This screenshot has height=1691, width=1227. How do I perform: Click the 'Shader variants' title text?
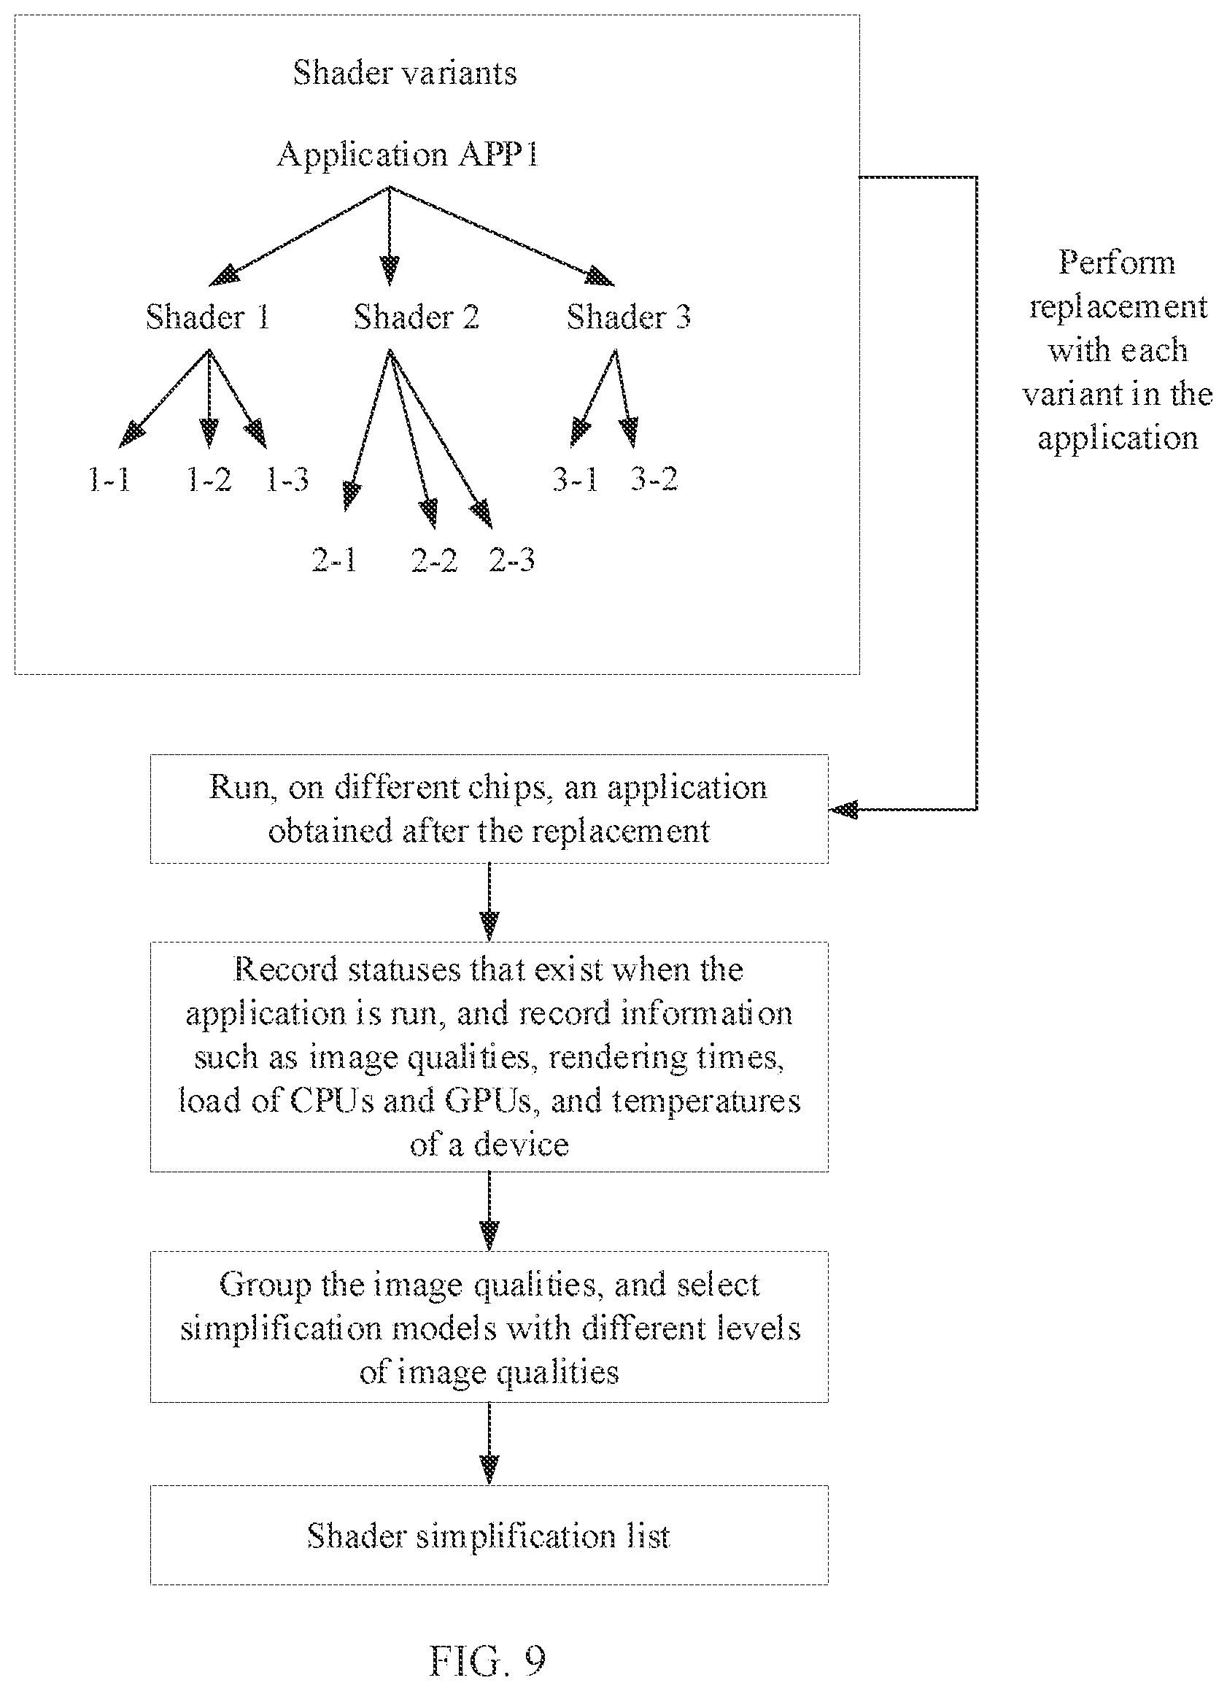(405, 73)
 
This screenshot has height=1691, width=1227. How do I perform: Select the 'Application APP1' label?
(408, 155)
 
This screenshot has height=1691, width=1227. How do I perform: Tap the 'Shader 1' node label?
(207, 317)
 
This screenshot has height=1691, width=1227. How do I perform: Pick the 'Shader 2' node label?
(416, 317)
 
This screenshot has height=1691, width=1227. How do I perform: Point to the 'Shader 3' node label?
(628, 317)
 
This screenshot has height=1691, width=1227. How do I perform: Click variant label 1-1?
(109, 479)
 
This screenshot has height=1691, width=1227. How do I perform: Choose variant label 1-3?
(287, 479)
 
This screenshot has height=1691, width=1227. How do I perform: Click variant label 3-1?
(576, 479)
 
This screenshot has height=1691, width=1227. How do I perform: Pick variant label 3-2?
(654, 479)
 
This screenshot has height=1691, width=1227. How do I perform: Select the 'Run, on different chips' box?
(489, 809)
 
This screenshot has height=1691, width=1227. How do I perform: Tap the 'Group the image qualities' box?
(489, 1326)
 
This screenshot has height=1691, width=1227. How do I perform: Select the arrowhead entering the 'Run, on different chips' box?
(843, 809)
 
